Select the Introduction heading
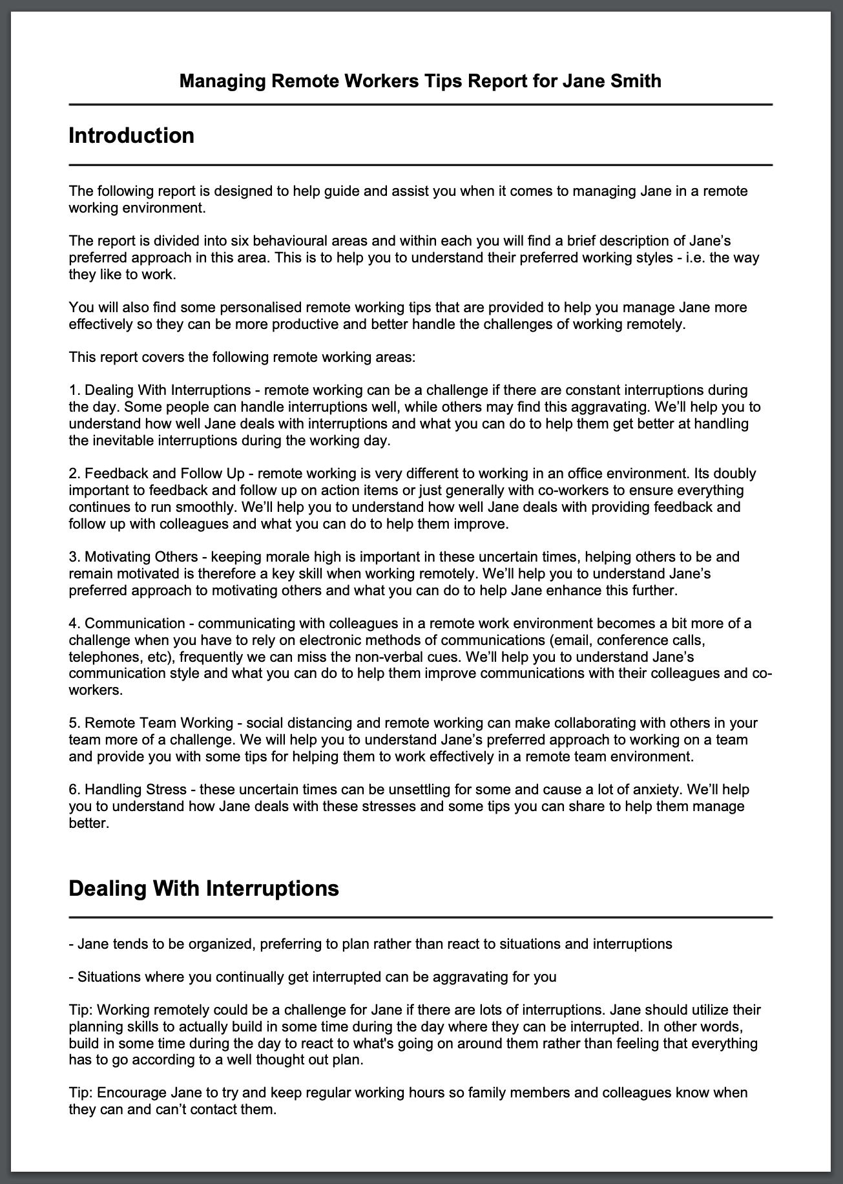click(x=131, y=136)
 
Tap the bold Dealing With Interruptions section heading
click(x=203, y=887)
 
